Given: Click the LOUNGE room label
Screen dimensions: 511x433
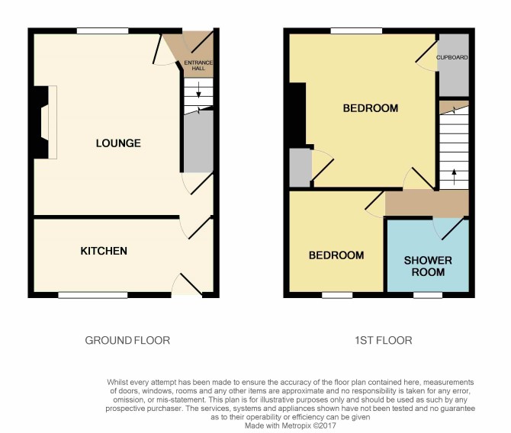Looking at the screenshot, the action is point(118,143).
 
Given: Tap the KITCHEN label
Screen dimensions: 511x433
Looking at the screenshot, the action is point(104,251).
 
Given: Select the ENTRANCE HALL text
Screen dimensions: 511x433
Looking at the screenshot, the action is point(198,66).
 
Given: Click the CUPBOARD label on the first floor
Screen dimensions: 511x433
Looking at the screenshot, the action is point(452,57).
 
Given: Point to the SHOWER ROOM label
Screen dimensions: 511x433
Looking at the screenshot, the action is point(428,266).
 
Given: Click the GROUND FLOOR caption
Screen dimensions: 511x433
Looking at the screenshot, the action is point(127,341).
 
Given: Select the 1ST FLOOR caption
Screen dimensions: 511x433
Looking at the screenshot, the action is point(384,341).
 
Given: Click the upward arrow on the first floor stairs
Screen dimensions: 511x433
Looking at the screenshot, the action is point(454,177).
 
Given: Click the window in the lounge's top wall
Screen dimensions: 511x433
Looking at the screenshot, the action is point(103,31).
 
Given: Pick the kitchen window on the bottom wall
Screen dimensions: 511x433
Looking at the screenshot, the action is point(93,295).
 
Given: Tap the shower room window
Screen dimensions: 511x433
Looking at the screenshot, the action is point(428,295).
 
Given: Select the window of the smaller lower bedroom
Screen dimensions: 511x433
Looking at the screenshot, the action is point(337,295).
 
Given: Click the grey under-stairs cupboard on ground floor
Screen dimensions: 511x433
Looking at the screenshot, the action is point(198,141).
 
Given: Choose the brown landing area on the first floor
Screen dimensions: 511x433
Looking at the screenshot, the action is point(427,204).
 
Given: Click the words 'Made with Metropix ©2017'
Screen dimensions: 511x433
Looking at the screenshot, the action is point(290,425).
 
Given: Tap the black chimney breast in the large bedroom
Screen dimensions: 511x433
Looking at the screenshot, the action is point(297,114).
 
